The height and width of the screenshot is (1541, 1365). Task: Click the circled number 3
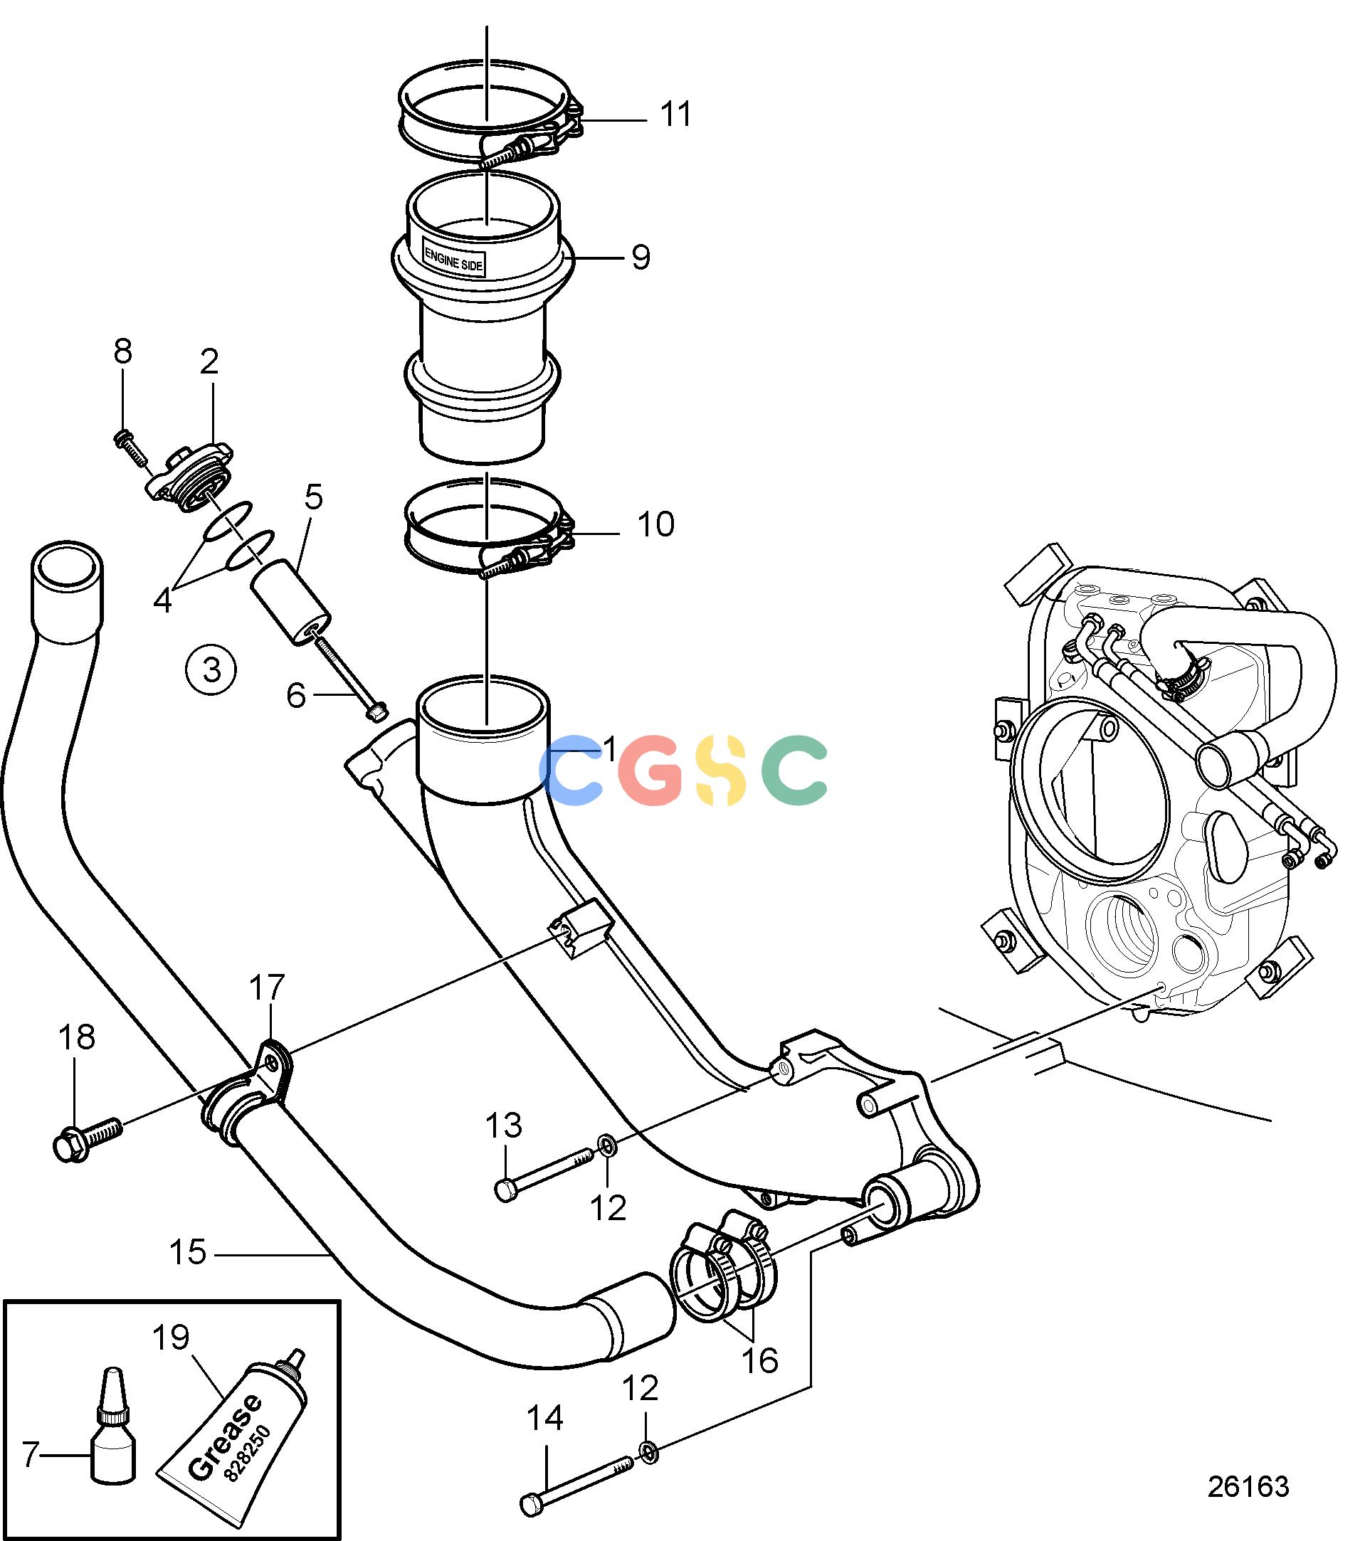point(211,669)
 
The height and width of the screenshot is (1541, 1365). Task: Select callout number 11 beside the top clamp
point(675,115)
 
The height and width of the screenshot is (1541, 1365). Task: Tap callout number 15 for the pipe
point(188,1251)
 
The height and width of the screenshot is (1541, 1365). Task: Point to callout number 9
point(641,257)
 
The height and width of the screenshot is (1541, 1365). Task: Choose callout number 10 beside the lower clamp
point(655,524)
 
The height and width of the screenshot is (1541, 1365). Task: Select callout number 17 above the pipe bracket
point(267,987)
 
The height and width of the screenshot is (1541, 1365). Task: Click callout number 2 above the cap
point(209,362)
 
